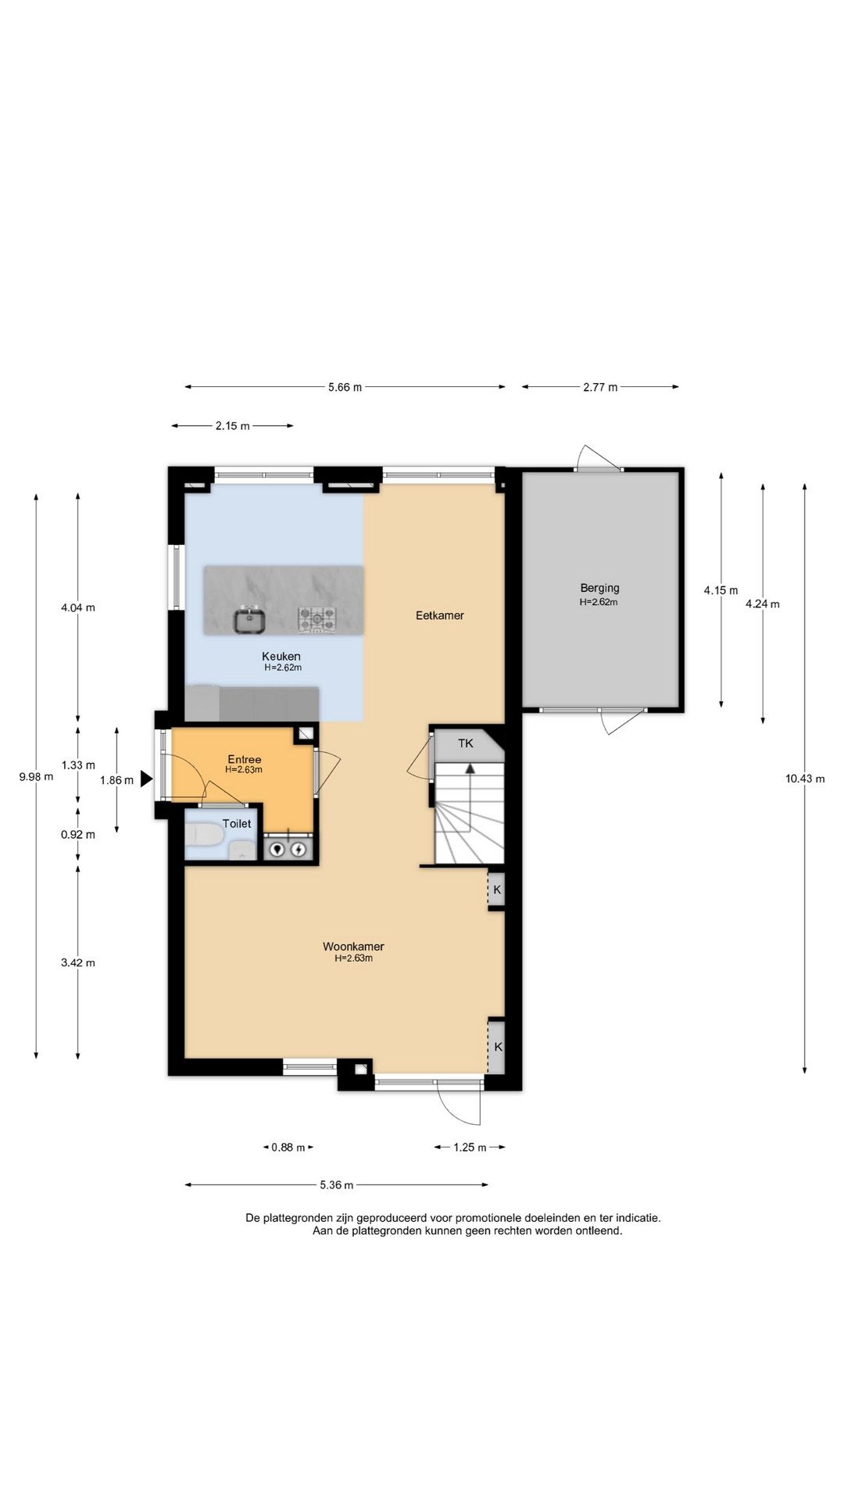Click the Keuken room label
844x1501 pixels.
pos(281,656)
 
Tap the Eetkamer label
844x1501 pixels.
pos(440,615)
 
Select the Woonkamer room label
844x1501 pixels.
pos(353,946)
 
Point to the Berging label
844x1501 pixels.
pos(599,588)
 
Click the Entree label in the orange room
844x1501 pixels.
pos(245,759)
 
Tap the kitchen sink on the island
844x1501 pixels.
pos(250,621)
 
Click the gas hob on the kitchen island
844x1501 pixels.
pos(316,620)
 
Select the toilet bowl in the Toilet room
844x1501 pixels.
pos(205,834)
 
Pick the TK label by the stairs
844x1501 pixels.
pos(466,743)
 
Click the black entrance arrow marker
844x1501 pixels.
pos(146,779)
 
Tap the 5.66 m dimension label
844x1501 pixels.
pos(345,387)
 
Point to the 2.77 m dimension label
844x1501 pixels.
pos(600,387)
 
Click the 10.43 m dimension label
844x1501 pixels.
pos(805,778)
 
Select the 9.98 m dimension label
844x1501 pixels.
pos(36,776)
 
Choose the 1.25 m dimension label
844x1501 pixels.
pos(470,1147)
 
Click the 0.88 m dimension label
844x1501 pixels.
pos(288,1147)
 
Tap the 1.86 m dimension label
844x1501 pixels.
pos(116,779)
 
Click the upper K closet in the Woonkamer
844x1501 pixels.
pos(496,890)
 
